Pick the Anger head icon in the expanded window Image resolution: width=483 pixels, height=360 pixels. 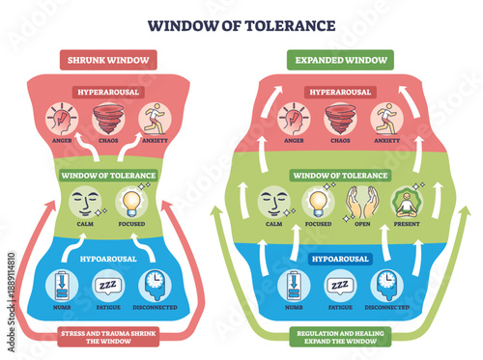(295, 119)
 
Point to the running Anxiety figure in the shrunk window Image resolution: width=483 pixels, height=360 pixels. (153, 119)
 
